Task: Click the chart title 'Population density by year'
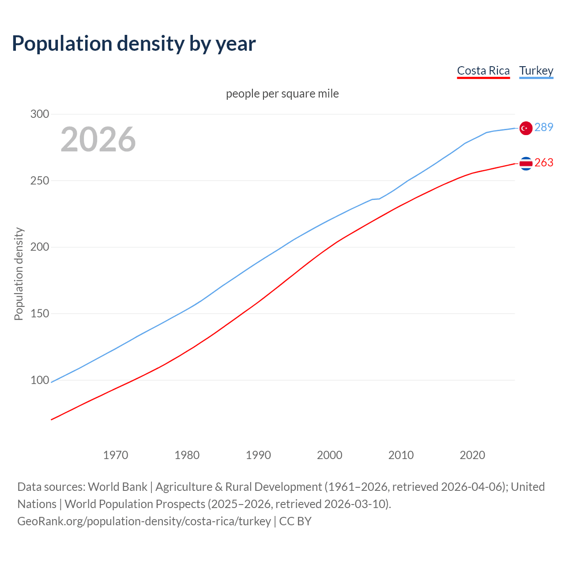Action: coord(134,44)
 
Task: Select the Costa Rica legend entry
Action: coord(483,71)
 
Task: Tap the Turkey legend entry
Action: coord(536,71)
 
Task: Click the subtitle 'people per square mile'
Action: coord(282,94)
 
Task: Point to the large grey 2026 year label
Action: coord(98,139)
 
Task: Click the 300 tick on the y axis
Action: coord(40,114)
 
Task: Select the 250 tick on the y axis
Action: coord(40,181)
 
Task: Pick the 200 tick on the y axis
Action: coord(40,247)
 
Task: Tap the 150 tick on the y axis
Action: coord(40,313)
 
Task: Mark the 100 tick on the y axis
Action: coord(40,380)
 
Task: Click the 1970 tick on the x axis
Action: coord(116,455)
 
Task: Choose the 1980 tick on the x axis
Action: coord(187,455)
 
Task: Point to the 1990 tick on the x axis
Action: coord(258,455)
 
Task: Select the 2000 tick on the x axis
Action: coord(330,455)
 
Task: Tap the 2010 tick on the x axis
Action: coord(401,455)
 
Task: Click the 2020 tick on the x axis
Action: coord(472,455)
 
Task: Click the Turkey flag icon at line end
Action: coord(526,128)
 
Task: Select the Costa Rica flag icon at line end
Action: coord(526,163)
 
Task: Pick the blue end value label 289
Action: coord(544,128)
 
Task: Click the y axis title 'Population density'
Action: coord(19,274)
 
